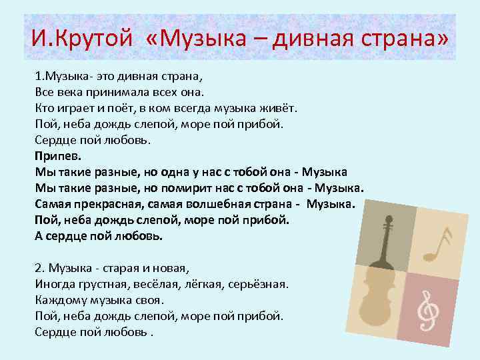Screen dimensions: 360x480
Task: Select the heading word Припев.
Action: coord(57,156)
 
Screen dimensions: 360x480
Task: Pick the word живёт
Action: coord(284,107)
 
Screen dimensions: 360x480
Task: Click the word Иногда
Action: coord(56,285)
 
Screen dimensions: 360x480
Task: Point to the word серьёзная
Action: coord(259,285)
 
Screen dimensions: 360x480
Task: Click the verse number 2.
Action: coord(37,269)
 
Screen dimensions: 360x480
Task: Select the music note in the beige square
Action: coord(439,243)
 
